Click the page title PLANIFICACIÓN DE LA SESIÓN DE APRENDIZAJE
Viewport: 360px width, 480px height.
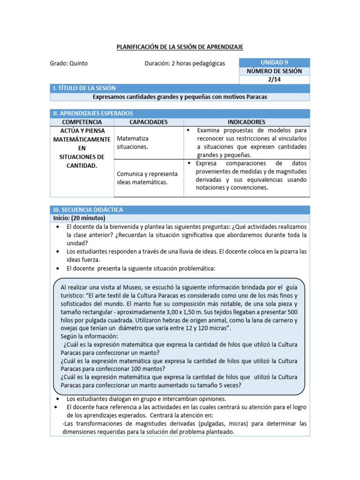180,47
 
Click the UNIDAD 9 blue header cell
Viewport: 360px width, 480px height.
274,62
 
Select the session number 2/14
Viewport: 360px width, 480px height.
274,80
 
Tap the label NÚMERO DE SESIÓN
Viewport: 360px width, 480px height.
274,71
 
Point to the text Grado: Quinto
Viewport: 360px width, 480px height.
68,63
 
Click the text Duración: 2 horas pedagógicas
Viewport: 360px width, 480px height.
185,63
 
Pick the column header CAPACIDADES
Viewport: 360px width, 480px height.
148,122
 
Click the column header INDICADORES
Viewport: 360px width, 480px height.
246,122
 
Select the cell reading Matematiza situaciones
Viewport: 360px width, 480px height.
133,143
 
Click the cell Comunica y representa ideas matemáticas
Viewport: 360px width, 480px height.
142,178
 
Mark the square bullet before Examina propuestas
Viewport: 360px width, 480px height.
187,130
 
